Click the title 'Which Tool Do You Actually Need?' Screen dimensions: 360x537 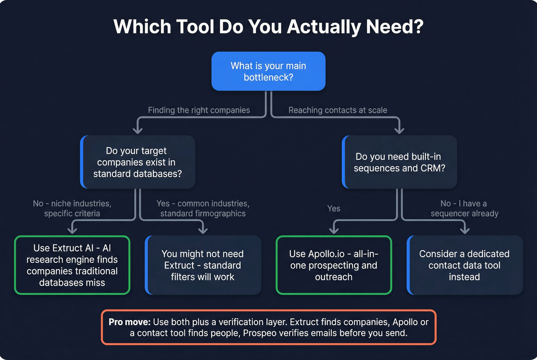[268, 27]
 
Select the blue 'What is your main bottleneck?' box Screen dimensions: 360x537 [268, 71]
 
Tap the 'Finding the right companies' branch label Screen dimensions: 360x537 [199, 110]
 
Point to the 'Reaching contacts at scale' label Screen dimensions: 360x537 [338, 110]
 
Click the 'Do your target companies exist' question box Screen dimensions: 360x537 [138, 162]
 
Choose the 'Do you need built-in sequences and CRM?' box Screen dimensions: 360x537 [399, 162]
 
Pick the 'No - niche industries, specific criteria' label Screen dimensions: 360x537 [72, 209]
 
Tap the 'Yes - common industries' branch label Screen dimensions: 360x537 [203, 209]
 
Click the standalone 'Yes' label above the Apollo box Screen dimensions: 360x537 [334, 209]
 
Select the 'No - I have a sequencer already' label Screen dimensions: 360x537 [464, 209]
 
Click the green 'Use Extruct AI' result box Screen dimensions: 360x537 [72, 265]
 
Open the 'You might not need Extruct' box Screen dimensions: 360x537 [203, 265]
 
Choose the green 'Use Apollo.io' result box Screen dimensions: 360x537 [334, 265]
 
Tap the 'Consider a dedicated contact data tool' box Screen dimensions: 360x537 [465, 265]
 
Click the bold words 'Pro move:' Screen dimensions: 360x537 [129, 322]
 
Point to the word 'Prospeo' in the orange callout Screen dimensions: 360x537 [260, 333]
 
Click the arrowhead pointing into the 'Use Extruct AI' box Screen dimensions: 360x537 [72, 230]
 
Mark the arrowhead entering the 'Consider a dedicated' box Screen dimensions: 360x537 [465, 230]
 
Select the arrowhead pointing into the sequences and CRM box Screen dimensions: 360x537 [399, 130]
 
